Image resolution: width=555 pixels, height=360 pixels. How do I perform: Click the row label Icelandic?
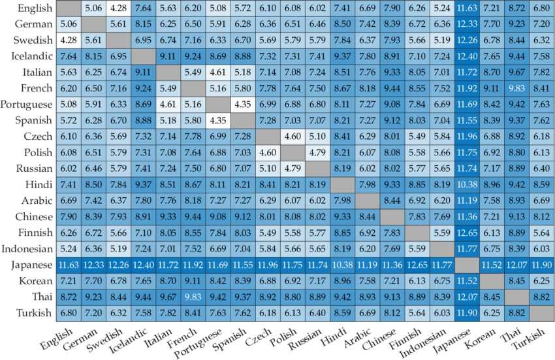[27, 56]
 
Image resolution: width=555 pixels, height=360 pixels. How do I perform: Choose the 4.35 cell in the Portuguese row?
[242, 105]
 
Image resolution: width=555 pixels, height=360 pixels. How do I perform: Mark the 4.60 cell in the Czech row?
[292, 136]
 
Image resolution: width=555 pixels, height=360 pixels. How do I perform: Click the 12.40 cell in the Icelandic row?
[466, 56]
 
